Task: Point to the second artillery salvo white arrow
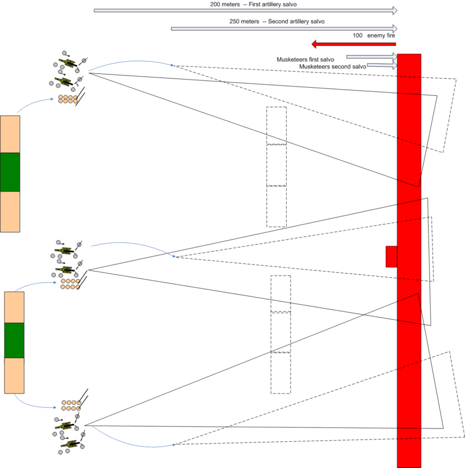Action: [285, 28]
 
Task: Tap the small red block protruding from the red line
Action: [391, 256]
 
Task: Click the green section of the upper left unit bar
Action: [10, 173]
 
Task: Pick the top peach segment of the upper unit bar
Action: [10, 134]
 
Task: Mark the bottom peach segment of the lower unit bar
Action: [14, 375]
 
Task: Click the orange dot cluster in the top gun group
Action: [67, 99]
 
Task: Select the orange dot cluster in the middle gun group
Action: [69, 284]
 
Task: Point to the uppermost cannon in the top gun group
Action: [67, 63]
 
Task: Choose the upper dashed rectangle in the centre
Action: [277, 166]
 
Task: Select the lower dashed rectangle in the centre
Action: [280, 334]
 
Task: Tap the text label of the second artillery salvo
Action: [277, 22]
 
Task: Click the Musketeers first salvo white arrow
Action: [371, 57]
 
